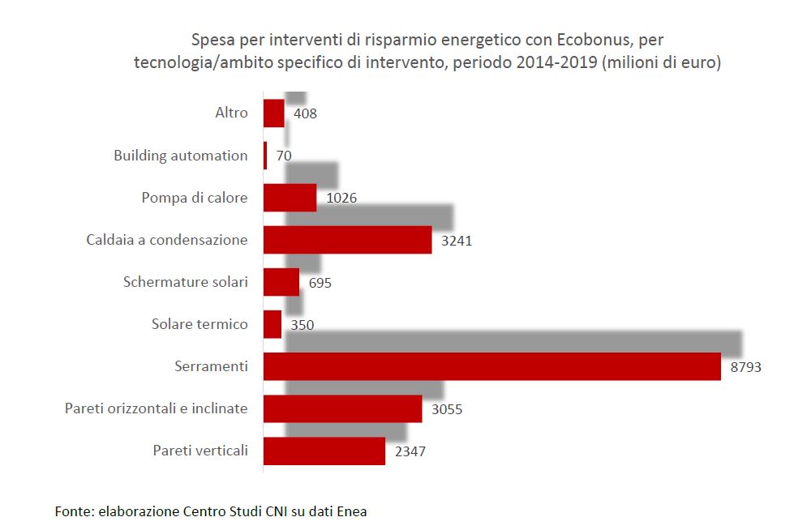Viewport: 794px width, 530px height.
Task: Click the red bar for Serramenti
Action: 491,366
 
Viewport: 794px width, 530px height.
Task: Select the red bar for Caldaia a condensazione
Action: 347,240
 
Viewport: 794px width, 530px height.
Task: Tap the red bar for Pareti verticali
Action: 324,451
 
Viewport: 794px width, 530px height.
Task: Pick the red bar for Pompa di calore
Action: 290,198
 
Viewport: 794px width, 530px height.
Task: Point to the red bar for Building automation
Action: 265,156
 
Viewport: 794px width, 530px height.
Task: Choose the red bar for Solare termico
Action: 273,324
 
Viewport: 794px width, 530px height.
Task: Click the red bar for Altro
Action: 274,113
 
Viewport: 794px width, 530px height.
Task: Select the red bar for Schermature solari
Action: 281,282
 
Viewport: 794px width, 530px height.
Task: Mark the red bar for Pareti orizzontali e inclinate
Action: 342,408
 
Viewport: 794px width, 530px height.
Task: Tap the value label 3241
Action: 456,241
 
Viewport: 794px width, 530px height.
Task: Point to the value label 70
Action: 284,156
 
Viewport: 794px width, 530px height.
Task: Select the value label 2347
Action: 410,451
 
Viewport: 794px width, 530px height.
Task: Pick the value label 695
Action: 320,283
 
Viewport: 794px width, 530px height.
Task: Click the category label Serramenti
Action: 211,366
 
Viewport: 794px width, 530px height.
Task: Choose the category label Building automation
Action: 181,156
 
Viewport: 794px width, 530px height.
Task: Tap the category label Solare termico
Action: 200,324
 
